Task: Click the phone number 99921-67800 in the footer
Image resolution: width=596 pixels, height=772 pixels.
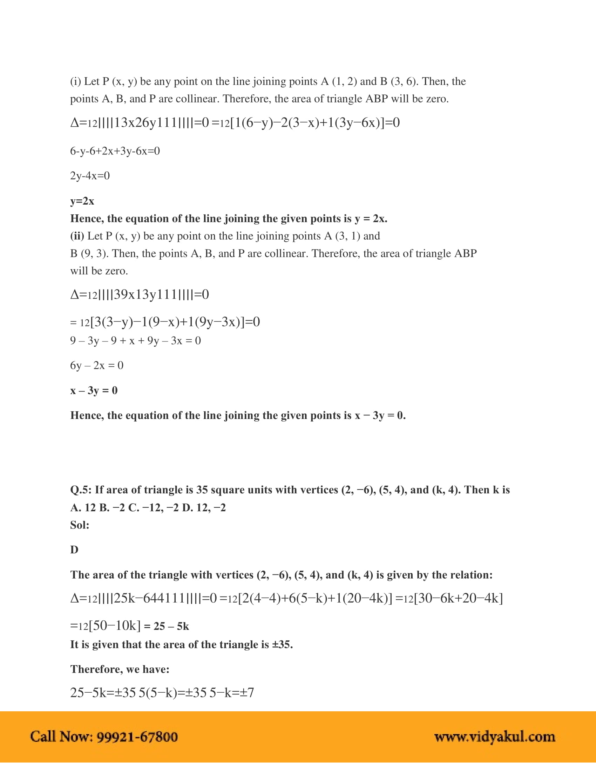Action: [x=137, y=737]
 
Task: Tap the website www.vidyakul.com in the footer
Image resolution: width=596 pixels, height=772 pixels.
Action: [x=494, y=737]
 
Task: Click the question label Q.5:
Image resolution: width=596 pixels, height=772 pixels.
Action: [x=81, y=490]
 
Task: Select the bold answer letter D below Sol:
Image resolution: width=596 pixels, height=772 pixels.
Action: [x=74, y=550]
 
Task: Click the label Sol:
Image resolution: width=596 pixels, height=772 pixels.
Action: [x=80, y=525]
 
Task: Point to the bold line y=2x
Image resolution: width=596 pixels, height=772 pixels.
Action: [x=82, y=201]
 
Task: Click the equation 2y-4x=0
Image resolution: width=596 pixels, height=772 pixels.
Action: [x=90, y=176]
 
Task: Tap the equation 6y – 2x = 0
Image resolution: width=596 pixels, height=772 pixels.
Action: [x=97, y=365]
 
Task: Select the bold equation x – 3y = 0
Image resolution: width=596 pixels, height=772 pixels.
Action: [x=94, y=390]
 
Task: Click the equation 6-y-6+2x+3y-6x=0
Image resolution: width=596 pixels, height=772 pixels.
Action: [x=115, y=151]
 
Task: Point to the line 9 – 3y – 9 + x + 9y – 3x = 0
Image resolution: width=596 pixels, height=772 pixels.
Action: [x=136, y=340]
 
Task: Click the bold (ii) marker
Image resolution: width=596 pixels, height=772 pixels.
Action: [x=77, y=236]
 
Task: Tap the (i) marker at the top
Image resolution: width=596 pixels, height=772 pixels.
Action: [x=75, y=82]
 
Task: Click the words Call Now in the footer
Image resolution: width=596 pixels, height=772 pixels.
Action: [x=61, y=737]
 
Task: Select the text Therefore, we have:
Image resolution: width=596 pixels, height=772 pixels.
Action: [x=120, y=669]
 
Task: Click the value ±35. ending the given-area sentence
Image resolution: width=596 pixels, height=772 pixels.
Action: [x=282, y=644]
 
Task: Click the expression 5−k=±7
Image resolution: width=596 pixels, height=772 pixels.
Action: [x=232, y=692]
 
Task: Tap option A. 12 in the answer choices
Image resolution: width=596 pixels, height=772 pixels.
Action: [x=83, y=508]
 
